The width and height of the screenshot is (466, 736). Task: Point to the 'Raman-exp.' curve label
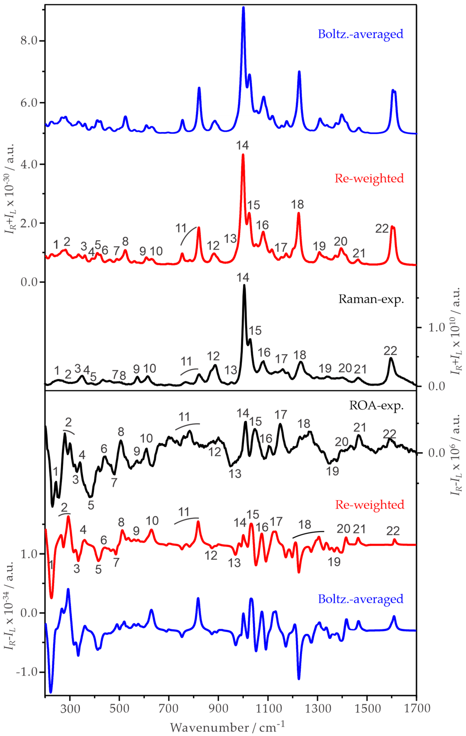tap(371, 299)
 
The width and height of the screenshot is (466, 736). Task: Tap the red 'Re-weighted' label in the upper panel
tap(369, 178)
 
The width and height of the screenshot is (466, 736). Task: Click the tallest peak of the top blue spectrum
tap(243, 8)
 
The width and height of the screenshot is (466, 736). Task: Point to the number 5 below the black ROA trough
tap(91, 505)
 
